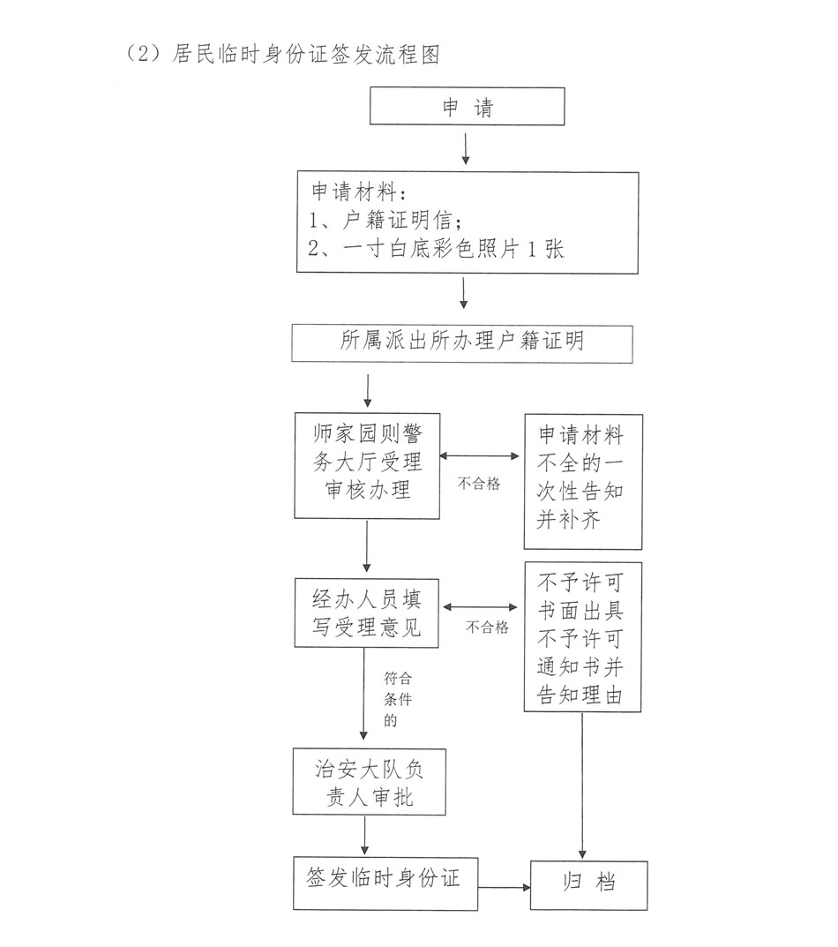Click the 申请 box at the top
(x=467, y=106)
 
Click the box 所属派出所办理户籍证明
(x=461, y=342)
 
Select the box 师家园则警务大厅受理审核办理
(x=367, y=464)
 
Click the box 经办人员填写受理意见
(x=367, y=614)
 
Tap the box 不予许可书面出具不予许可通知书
(x=580, y=637)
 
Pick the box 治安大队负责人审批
(x=367, y=782)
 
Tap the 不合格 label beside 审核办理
(x=478, y=485)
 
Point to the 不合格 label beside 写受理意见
(x=487, y=628)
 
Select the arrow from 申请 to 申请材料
(x=466, y=147)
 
